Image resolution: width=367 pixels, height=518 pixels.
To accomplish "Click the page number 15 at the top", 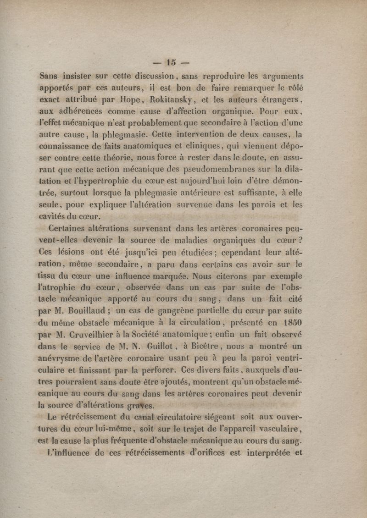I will (x=173, y=61).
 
